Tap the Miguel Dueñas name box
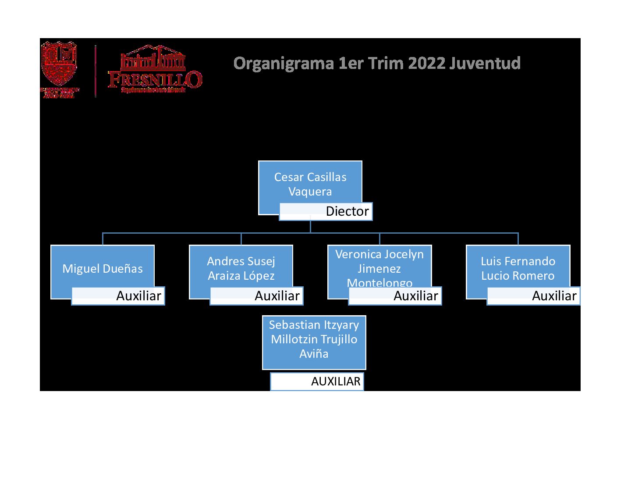coord(102,268)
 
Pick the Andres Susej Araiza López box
coord(241,268)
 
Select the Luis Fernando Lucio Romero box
coord(518,268)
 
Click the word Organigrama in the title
coord(283,64)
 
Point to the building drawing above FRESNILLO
coord(152,58)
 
